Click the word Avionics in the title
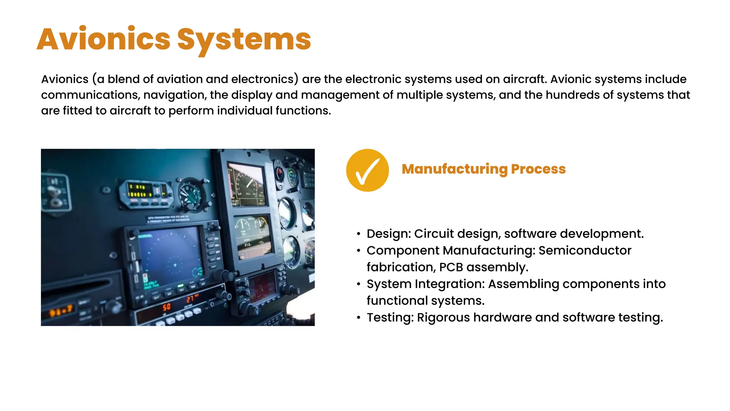pyautogui.click(x=104, y=39)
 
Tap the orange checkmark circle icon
pyautogui.click(x=367, y=170)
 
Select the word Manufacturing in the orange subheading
pyautogui.click(x=454, y=169)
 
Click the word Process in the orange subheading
pyautogui.click(x=538, y=169)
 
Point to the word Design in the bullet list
pyautogui.click(x=387, y=234)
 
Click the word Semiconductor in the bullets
pyautogui.click(x=585, y=250)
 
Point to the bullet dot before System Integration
pyautogui.click(x=359, y=284)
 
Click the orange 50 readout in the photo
pyautogui.click(x=166, y=307)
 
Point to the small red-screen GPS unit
pyautogui.click(x=263, y=286)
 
